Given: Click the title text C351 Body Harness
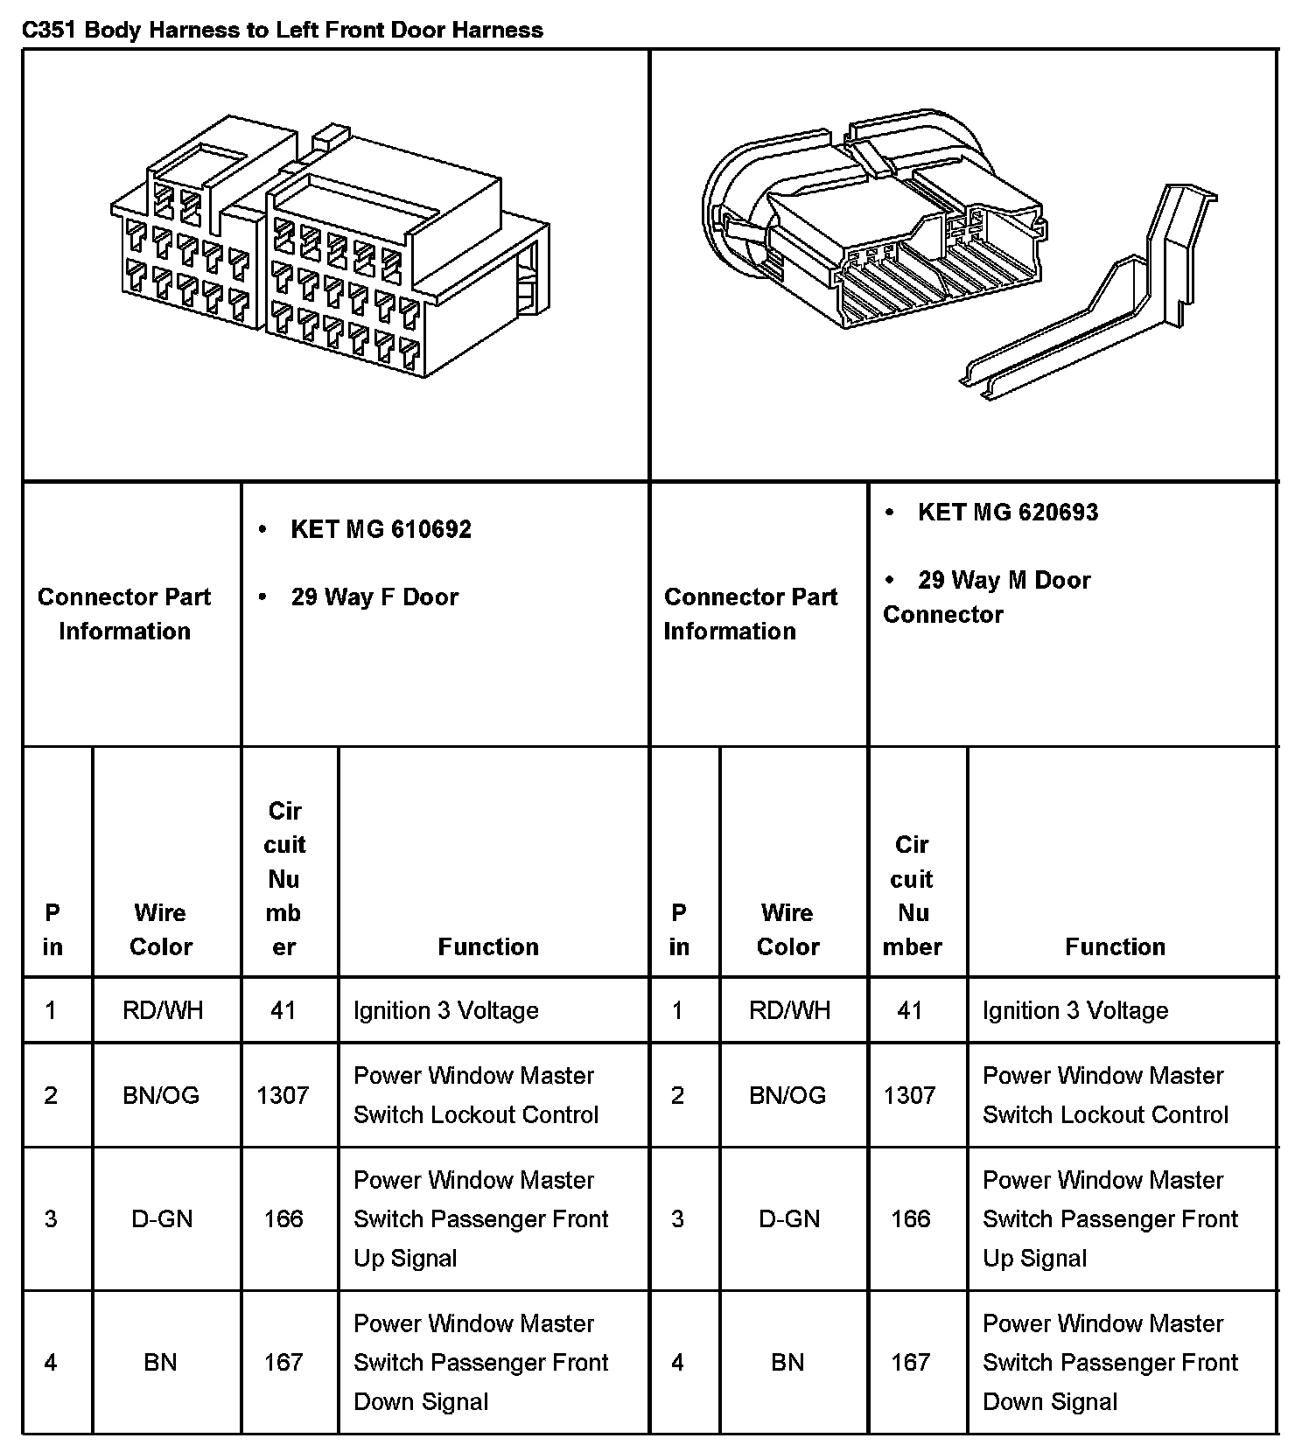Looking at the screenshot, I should click(282, 30).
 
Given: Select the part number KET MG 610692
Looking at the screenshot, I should click(381, 529).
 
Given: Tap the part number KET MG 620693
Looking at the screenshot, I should click(1007, 512).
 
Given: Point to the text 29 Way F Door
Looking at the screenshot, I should click(374, 597).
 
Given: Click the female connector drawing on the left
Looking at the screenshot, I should click(330, 249).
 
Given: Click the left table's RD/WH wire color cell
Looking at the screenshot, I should click(163, 1010).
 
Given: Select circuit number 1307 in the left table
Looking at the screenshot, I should click(283, 1095).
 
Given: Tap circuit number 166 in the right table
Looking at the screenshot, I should click(910, 1218).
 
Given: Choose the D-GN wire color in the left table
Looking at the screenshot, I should click(162, 1218).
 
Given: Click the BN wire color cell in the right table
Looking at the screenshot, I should click(787, 1362).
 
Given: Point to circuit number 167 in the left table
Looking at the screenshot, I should click(283, 1362).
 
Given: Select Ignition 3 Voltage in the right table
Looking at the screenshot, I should click(1075, 1010).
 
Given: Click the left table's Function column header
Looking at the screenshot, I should click(488, 946).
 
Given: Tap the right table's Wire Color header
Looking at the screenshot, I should click(787, 930).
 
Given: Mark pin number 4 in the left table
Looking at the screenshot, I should click(51, 1362).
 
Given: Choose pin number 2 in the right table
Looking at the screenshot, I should click(677, 1095).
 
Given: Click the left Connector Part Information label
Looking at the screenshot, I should click(124, 614).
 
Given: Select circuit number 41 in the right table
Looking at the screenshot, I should click(910, 1010).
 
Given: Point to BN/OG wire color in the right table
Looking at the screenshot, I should click(787, 1095).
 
